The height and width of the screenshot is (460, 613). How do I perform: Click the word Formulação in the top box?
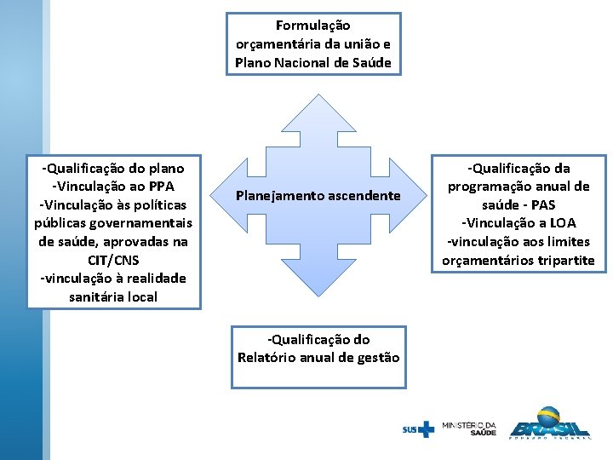[313, 26]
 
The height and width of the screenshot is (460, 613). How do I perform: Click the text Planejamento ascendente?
[318, 196]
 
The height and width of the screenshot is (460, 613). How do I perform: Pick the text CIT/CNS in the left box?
[113, 260]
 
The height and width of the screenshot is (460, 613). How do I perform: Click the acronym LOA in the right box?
[561, 223]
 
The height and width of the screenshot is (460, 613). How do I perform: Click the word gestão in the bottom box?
[377, 358]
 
